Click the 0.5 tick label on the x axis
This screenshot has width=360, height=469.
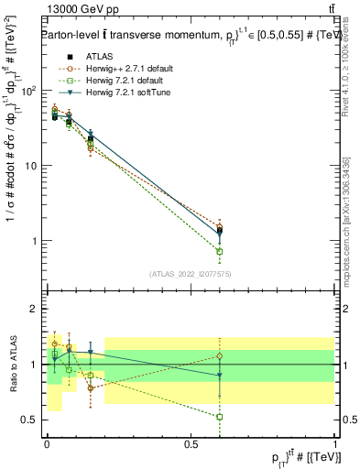[191, 442]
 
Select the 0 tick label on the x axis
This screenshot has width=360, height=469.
[47, 442]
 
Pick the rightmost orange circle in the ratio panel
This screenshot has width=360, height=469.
[220, 355]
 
